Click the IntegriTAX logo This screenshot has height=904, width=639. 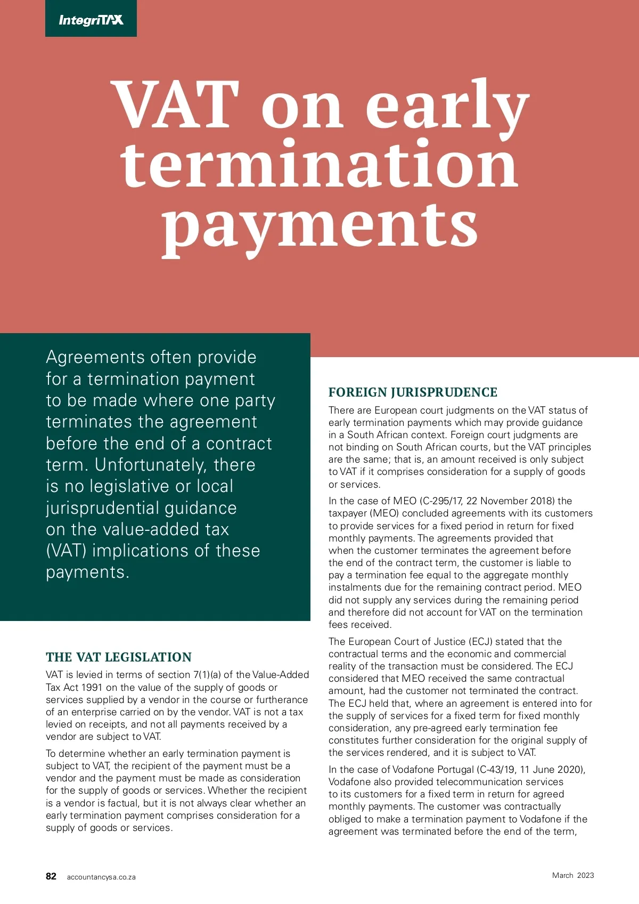point(91,20)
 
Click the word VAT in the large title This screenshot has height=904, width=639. point(176,105)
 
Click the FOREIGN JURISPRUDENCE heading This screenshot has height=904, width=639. point(413,392)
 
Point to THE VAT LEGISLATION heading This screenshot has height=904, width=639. point(119,657)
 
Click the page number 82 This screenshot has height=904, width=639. point(51,876)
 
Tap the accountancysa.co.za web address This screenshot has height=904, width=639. point(101,877)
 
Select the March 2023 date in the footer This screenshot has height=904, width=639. point(573,875)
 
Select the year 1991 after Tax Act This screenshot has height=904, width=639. point(91,687)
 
